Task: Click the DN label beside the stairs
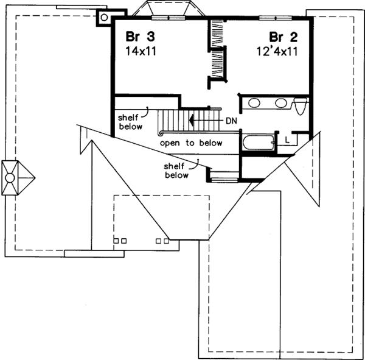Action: tap(231, 121)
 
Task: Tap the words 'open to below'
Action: tap(191, 143)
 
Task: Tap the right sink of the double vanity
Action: tap(280, 103)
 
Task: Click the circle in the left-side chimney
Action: tap(10, 178)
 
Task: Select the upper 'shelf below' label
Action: tap(131, 122)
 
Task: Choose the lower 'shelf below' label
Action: tap(176, 170)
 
